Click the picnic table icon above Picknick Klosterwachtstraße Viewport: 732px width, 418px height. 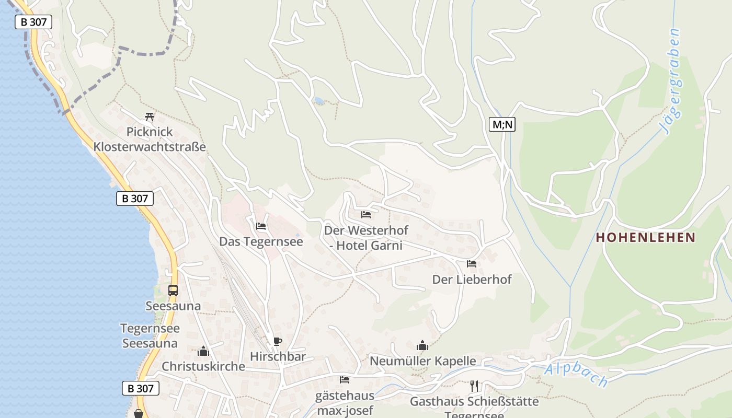click(150, 117)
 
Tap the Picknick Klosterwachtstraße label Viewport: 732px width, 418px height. click(150, 140)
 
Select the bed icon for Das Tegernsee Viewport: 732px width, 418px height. click(261, 226)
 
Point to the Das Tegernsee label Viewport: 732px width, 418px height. click(261, 241)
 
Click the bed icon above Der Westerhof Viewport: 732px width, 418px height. click(366, 214)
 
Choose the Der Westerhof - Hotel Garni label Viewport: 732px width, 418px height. click(366, 238)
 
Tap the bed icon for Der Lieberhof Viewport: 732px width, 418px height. click(472, 264)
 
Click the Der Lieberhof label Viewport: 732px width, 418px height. click(472, 280)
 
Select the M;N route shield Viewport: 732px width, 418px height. click(502, 124)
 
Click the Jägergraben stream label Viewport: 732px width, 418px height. click(670, 82)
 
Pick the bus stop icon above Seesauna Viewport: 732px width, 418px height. click(173, 291)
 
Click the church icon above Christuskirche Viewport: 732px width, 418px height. click(203, 351)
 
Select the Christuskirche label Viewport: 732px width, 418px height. click(203, 366)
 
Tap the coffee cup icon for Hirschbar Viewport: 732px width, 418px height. click(278, 342)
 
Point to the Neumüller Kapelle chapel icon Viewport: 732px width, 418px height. click(422, 345)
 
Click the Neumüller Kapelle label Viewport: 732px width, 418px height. click(422, 361)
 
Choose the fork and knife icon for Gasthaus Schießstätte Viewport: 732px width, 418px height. click(474, 386)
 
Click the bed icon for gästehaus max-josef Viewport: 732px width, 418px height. click(345, 380)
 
